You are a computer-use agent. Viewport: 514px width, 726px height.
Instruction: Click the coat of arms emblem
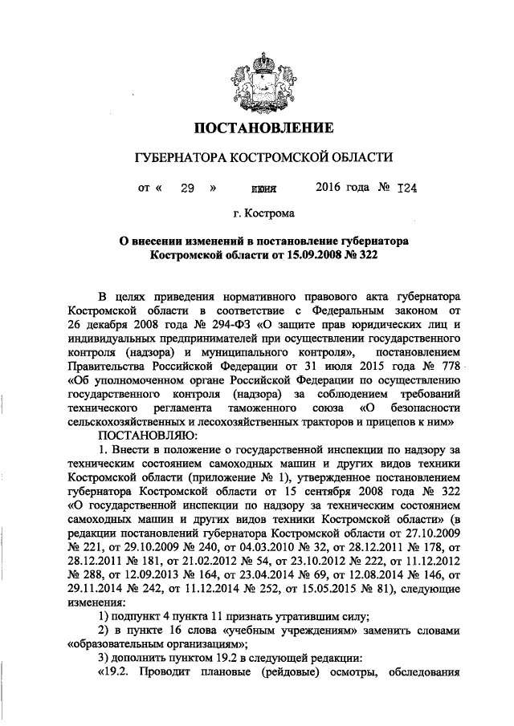point(257,75)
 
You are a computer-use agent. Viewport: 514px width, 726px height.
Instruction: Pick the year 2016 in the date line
point(329,190)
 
